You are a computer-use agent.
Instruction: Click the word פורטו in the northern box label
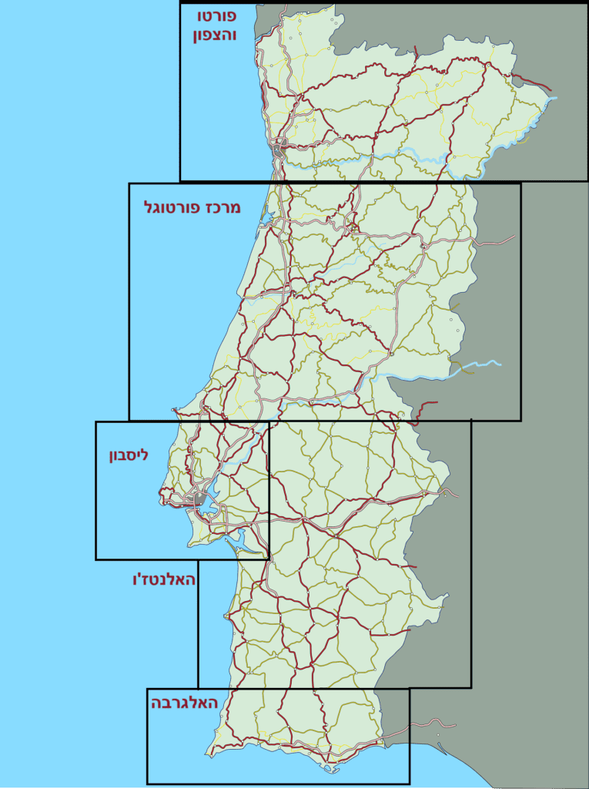[216, 15]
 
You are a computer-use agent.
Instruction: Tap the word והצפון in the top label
[216, 35]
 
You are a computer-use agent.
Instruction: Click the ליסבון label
[128, 455]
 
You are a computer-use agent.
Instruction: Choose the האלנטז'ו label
[164, 579]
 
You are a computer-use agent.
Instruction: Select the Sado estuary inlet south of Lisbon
[245, 537]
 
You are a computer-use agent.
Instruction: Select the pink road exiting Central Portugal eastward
[497, 241]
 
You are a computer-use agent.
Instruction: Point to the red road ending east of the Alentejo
[408, 566]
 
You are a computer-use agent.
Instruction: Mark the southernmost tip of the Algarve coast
[331, 770]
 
